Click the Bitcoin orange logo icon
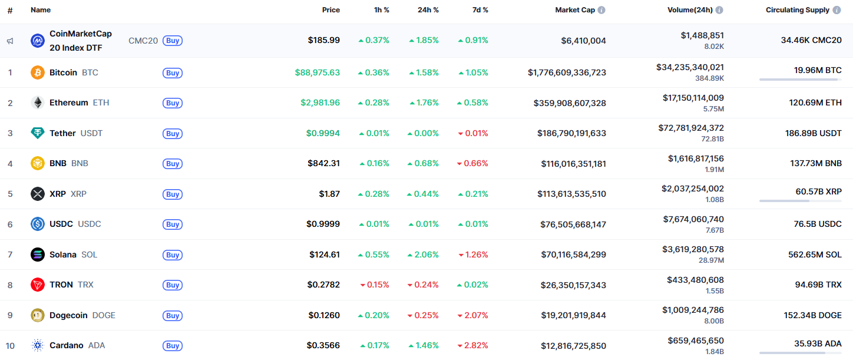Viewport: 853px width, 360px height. coord(37,72)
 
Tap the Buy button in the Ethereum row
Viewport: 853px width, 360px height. coord(173,103)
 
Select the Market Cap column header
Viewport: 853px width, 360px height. coord(575,10)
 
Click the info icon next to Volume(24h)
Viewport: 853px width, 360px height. coord(719,10)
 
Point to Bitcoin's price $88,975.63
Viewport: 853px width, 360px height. coord(317,72)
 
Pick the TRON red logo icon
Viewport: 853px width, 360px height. coord(37,285)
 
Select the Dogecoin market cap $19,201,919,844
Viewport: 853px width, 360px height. coord(573,315)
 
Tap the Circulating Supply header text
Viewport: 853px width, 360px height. coord(797,10)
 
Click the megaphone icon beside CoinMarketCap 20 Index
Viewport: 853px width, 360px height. coord(10,41)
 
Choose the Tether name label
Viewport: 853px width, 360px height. coord(62,133)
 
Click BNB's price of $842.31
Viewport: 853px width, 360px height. coord(323,163)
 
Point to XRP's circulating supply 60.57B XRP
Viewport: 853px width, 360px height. coord(818,191)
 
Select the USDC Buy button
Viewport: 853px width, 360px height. coord(173,224)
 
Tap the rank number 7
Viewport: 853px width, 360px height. coord(10,255)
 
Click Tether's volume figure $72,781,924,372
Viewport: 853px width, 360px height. coord(691,128)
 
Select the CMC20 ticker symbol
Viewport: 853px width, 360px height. coord(143,41)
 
